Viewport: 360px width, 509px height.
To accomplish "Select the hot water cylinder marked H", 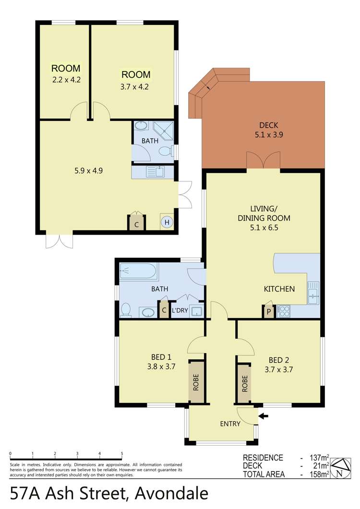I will (167, 222).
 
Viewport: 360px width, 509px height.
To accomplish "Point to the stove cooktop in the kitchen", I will (283, 311).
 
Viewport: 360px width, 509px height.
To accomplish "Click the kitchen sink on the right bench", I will (313, 293).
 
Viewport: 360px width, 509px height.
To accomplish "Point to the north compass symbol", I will (342, 466).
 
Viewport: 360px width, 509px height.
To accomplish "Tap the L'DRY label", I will (180, 311).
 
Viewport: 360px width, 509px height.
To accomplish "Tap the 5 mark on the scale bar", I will (122, 453).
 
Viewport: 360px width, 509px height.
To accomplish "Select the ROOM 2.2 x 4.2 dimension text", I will (66, 80).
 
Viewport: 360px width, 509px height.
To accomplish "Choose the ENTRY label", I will (230, 424).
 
